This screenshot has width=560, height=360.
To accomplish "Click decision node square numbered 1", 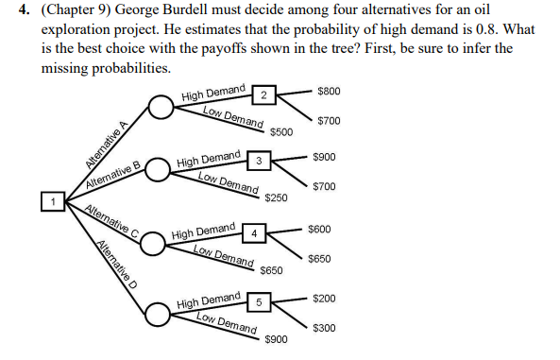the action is pos(54,201).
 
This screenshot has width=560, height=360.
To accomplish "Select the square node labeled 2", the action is pos(265,94).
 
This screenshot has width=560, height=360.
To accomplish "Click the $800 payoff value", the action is pos(330,92).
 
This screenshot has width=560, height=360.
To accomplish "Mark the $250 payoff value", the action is pos(276,197).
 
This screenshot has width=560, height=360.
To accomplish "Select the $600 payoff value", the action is pos(319,230).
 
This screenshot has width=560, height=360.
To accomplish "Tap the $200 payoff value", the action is pos(325,299).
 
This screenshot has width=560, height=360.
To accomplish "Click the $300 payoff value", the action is pos(325,328).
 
